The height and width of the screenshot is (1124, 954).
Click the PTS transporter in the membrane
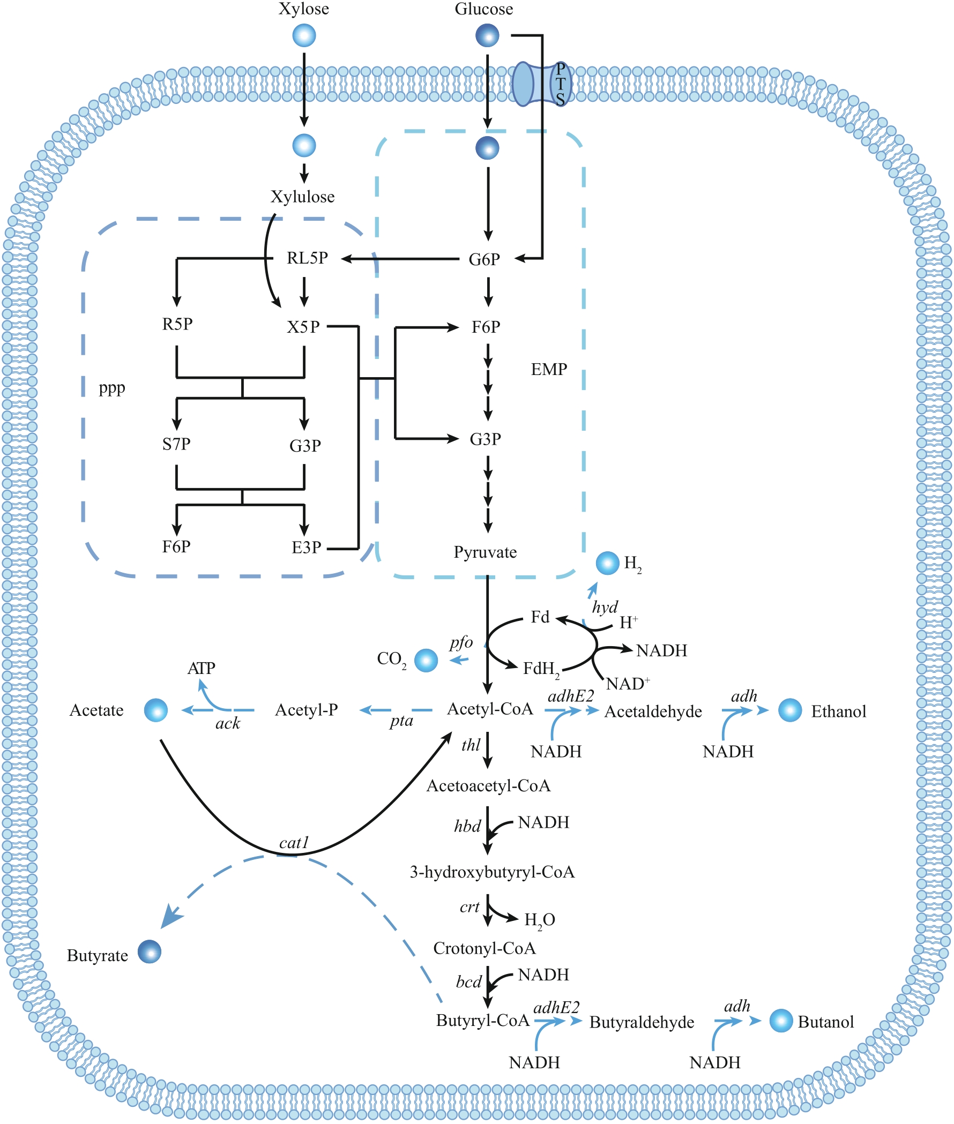pyautogui.click(x=541, y=84)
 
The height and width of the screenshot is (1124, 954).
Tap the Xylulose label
pyautogui.click(x=302, y=197)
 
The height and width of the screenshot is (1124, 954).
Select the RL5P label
pyautogui.click(x=307, y=258)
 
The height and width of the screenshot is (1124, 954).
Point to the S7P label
pyautogui.click(x=176, y=444)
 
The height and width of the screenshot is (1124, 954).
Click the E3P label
pyautogui.click(x=307, y=548)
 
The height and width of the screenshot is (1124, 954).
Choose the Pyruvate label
pyautogui.click(x=485, y=552)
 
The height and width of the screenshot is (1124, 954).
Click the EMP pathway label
pyautogui.click(x=549, y=369)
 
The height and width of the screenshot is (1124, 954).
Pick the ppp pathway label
pyautogui.click(x=112, y=388)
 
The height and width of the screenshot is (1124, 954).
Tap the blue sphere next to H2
pyautogui.click(x=607, y=563)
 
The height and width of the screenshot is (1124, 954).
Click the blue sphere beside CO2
pyautogui.click(x=426, y=660)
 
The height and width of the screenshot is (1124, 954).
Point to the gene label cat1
pyautogui.click(x=294, y=842)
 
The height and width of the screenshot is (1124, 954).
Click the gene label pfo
pyautogui.click(x=461, y=642)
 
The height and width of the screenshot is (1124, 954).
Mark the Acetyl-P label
pyautogui.click(x=307, y=710)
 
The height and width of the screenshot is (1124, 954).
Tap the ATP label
pyautogui.click(x=201, y=668)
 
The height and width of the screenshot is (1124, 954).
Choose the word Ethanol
pyautogui.click(x=838, y=711)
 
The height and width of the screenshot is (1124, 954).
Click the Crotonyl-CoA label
pyautogui.click(x=485, y=948)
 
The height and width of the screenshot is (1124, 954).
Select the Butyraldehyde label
pyautogui.click(x=642, y=1022)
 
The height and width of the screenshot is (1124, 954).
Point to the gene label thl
pyautogui.click(x=471, y=745)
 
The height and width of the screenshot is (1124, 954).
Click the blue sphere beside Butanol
pyautogui.click(x=781, y=1020)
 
